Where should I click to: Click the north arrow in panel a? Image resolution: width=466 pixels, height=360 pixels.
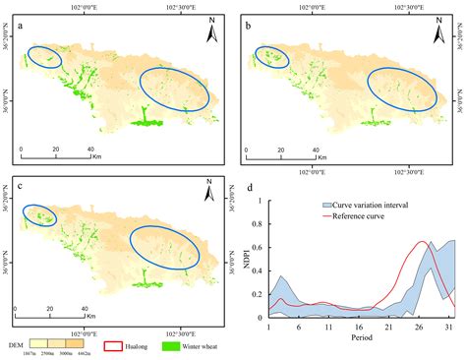210,34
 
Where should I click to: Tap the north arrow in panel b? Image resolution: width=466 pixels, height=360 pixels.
437,34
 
